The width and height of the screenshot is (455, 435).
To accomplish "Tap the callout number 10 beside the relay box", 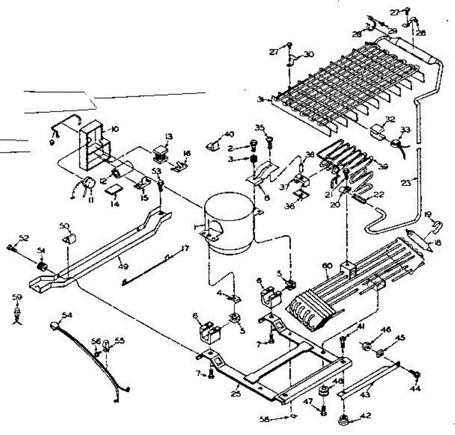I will (x=114, y=129).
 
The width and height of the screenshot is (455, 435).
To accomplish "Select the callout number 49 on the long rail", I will (x=123, y=266).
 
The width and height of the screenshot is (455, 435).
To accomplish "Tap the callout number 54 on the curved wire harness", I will (x=67, y=315).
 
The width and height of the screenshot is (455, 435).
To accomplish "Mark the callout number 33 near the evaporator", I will (x=405, y=130).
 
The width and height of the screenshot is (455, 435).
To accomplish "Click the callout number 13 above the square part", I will (x=168, y=136).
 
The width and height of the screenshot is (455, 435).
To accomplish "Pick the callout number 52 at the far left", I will (x=24, y=238).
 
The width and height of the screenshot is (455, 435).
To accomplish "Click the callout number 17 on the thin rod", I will (x=184, y=249).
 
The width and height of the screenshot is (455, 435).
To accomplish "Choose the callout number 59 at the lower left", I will (x=16, y=298).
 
